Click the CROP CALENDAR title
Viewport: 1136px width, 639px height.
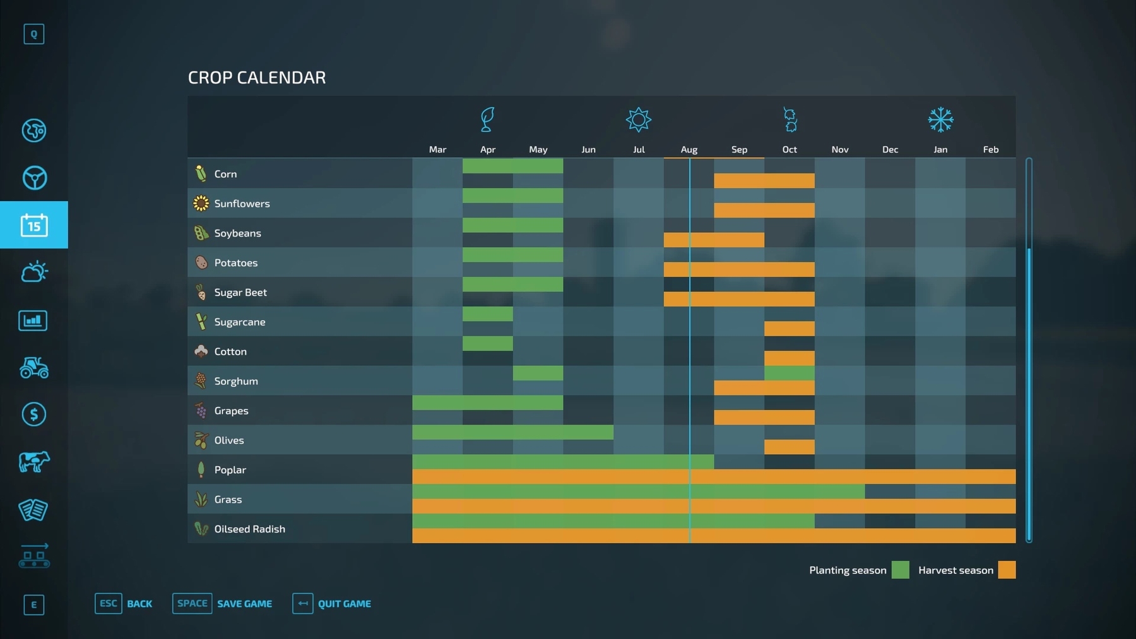coord(257,78)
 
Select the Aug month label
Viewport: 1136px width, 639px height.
coord(689,149)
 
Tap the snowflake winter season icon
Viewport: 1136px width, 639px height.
coord(940,120)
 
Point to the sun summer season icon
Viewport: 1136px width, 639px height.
coord(638,120)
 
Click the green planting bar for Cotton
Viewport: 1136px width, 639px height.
coord(487,344)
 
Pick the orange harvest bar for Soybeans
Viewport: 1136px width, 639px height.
coord(714,240)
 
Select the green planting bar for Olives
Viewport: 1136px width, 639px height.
coord(512,432)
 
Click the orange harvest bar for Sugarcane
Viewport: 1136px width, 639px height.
coord(789,329)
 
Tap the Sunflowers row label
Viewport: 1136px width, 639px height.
coord(242,204)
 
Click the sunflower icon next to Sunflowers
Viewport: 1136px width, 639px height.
coord(201,203)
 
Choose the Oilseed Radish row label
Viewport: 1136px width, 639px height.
coord(249,529)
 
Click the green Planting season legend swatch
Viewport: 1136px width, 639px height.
coord(900,570)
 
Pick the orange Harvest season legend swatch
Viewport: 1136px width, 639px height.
coord(1007,570)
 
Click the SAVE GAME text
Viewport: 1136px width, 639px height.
coord(244,604)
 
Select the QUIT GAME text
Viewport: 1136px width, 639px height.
coord(344,604)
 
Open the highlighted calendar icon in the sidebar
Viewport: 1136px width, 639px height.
coord(34,225)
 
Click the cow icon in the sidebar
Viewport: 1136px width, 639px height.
coord(34,462)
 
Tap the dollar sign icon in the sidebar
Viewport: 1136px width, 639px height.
coord(34,414)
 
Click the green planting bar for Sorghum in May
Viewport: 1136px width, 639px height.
coord(538,373)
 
